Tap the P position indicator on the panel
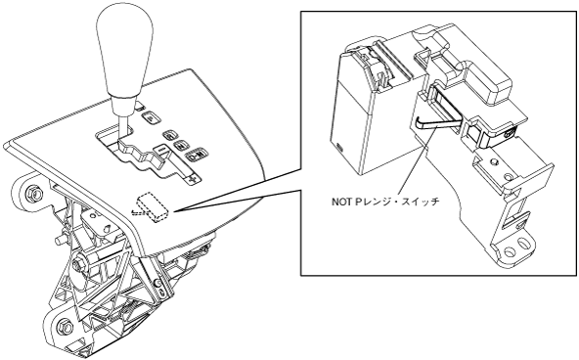(x=151, y=117)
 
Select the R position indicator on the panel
(x=170, y=136)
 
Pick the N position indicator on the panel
(x=181, y=146)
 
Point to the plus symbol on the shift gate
(x=191, y=180)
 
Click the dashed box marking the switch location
(x=153, y=207)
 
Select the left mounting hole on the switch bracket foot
(x=510, y=252)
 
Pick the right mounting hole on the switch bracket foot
(x=523, y=244)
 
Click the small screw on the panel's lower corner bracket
(x=157, y=283)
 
